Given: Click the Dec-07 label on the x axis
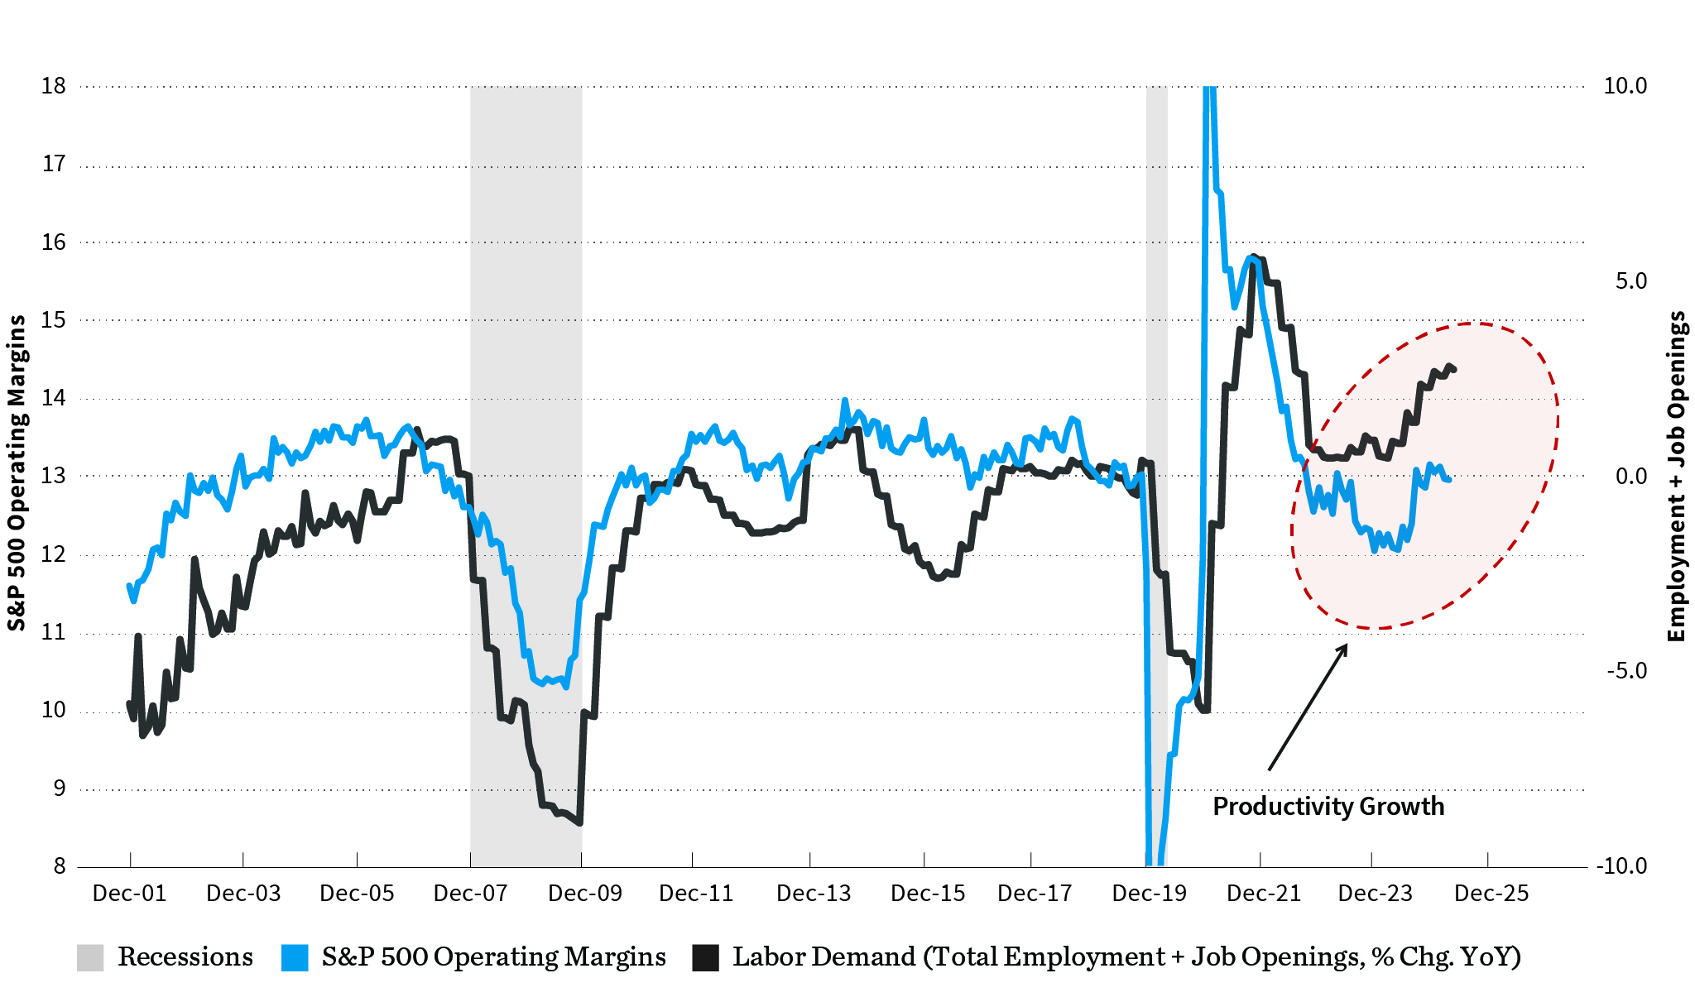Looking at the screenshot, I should click(x=470, y=894).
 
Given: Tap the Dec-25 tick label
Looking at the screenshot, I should click(x=1491, y=894).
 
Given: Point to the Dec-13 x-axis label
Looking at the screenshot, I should click(x=814, y=894).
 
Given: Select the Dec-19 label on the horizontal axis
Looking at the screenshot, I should click(x=1150, y=894).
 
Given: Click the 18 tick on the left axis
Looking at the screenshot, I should click(x=54, y=86).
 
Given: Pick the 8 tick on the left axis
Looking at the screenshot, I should click(x=60, y=866).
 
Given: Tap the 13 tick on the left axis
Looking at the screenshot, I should click(x=54, y=476).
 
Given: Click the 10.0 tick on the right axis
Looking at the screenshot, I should click(x=1625, y=86).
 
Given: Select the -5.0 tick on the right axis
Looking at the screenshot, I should click(x=1627, y=670).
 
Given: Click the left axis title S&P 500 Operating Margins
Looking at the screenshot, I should click(x=17, y=473).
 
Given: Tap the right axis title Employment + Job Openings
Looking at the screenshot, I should click(x=1677, y=476).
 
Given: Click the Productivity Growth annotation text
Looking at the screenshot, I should click(x=1328, y=807).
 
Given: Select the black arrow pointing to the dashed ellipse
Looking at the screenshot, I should click(x=1308, y=707).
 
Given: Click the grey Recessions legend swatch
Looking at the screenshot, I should click(x=90, y=957).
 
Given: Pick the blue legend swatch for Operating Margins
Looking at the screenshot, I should click(x=295, y=957).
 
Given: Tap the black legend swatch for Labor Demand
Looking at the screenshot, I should click(x=706, y=957).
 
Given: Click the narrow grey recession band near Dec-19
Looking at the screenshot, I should click(x=1156, y=331).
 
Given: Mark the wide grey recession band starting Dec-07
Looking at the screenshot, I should click(x=526, y=331).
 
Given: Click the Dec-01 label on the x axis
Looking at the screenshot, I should click(x=130, y=894).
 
